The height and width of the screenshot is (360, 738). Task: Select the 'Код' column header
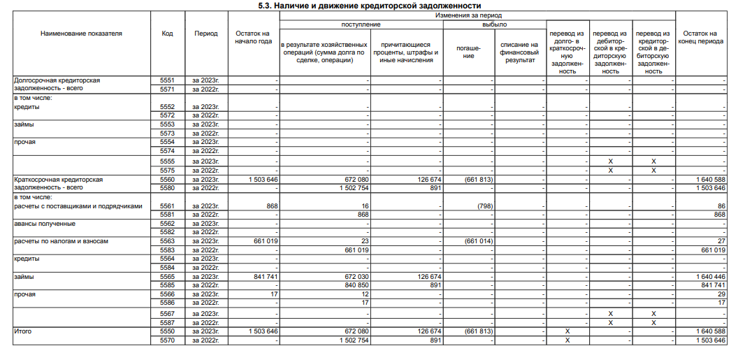coord(167,33)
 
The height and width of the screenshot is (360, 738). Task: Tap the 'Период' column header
coord(205,33)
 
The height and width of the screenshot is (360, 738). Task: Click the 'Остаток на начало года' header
coord(253,37)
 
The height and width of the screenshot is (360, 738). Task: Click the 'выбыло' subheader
coord(494,24)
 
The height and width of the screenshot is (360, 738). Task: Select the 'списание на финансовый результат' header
coord(519,52)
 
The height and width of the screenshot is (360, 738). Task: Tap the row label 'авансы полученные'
coord(45,224)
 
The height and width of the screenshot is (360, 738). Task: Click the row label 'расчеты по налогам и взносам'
coord(62,241)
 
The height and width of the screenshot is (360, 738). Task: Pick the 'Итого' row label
coord(23,330)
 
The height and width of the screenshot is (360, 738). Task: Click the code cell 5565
coord(167,277)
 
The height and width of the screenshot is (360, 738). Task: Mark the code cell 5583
coord(167,250)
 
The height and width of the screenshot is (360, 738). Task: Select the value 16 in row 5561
coord(365,206)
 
